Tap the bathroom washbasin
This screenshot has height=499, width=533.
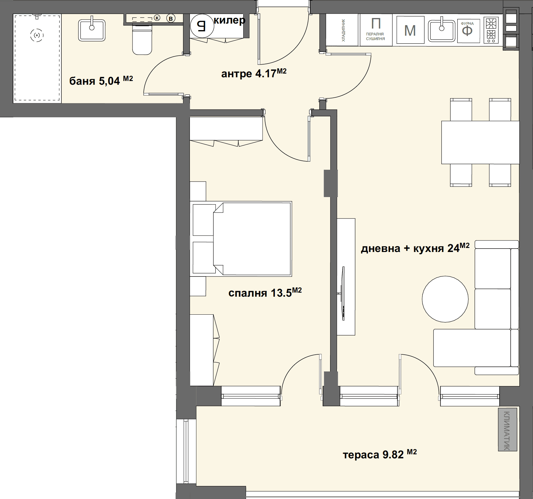[92, 30]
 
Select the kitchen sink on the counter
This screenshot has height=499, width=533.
[441, 31]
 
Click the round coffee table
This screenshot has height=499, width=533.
[445, 299]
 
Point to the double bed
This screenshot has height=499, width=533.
[241, 239]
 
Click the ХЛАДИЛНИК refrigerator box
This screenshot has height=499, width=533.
[342, 30]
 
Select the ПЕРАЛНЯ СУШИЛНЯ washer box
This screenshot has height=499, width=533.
[375, 30]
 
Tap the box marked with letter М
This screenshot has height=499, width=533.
[410, 30]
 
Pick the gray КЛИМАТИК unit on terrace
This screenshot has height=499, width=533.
[508, 429]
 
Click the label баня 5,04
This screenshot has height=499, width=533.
[101, 81]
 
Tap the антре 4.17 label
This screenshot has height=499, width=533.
[254, 74]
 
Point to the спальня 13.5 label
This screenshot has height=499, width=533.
[265, 293]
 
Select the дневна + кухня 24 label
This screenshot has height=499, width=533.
[415, 248]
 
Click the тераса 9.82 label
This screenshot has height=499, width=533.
[380, 455]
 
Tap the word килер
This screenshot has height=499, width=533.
[229, 20]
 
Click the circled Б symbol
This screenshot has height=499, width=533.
[202, 26]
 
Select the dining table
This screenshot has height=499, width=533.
[480, 142]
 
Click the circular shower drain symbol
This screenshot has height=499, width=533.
[37, 35]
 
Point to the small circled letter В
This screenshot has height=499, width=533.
[171, 19]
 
